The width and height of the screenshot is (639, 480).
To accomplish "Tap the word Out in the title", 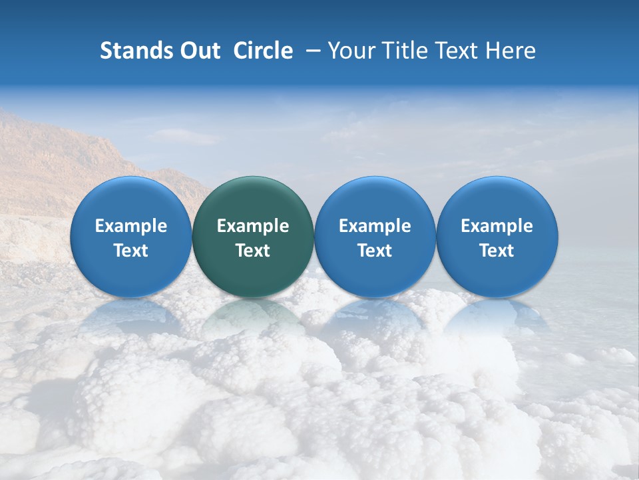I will click(198, 51).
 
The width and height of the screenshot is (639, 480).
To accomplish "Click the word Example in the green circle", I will click(253, 226).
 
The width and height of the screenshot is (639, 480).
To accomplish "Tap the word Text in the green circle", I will click(253, 251).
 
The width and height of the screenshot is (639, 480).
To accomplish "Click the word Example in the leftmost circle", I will click(130, 226).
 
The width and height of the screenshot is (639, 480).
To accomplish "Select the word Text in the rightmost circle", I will click(497, 251).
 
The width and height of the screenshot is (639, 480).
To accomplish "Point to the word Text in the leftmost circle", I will click(130, 251).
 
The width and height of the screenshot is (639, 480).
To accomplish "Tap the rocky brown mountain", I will click(60, 160).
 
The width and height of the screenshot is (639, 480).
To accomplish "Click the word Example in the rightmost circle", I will click(497, 226).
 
